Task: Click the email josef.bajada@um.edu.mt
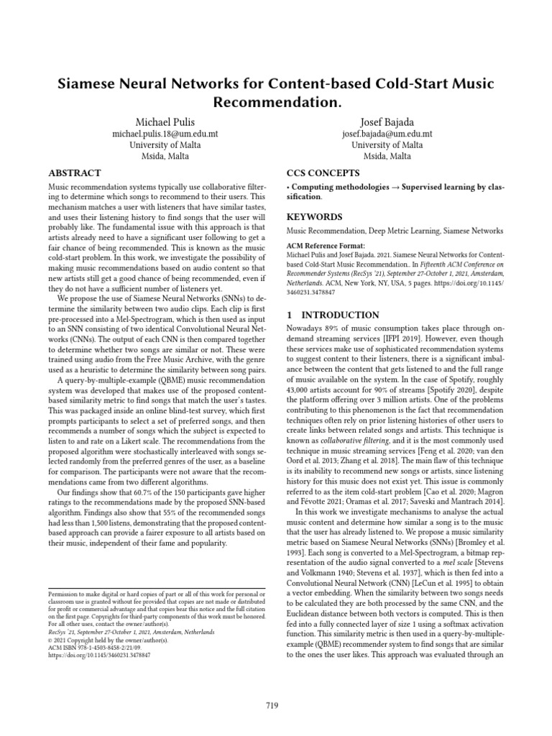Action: click(387, 133)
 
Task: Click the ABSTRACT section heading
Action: click(74, 173)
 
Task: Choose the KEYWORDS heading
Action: click(314, 216)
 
